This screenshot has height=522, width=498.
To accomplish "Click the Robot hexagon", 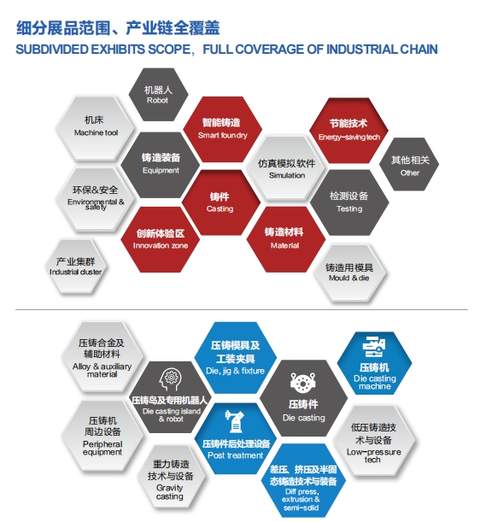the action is tap(158, 95).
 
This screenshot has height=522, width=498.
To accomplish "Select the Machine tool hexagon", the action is tap(95, 128).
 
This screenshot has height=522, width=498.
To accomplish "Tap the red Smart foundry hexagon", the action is tap(222, 129).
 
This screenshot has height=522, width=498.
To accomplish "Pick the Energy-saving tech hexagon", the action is tap(349, 131).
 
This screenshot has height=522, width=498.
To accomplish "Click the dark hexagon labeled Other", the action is tap(409, 164).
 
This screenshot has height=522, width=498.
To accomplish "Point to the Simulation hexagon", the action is tap(286, 168).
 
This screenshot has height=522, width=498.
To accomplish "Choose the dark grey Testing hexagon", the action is tap(349, 202).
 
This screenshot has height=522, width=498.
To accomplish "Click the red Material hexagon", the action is tap(285, 239).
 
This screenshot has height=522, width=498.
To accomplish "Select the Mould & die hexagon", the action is tap(349, 273).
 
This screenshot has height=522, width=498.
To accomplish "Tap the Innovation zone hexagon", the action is tap(160, 239).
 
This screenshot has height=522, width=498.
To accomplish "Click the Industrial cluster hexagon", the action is tap(75, 267).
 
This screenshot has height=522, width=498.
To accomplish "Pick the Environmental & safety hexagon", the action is tap(95, 199).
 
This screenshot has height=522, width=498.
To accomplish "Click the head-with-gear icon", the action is tap(171, 379).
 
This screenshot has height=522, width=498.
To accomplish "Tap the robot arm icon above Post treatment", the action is tap(234, 421).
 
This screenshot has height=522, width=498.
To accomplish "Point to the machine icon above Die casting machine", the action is tap(373, 347).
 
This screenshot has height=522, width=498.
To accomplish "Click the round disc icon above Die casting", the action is tap(302, 382).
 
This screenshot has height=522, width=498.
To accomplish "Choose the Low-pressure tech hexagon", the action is tap(374, 441).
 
